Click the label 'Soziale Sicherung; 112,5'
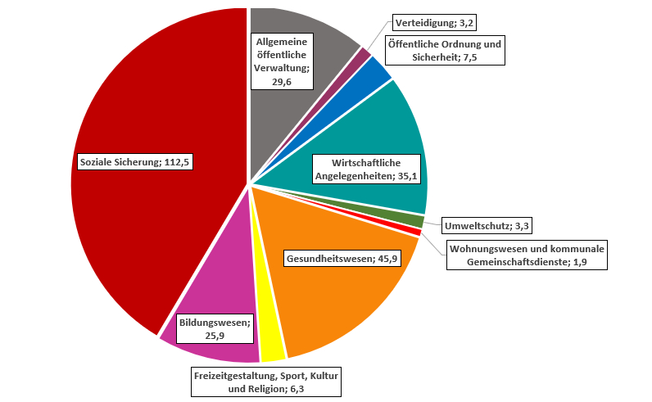click(x=134, y=162)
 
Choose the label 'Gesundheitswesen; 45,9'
click(x=341, y=259)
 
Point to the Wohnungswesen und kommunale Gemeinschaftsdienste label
click(x=526, y=255)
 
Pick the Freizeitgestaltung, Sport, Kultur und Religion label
click(x=265, y=382)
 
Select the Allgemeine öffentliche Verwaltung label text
click(x=282, y=61)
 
